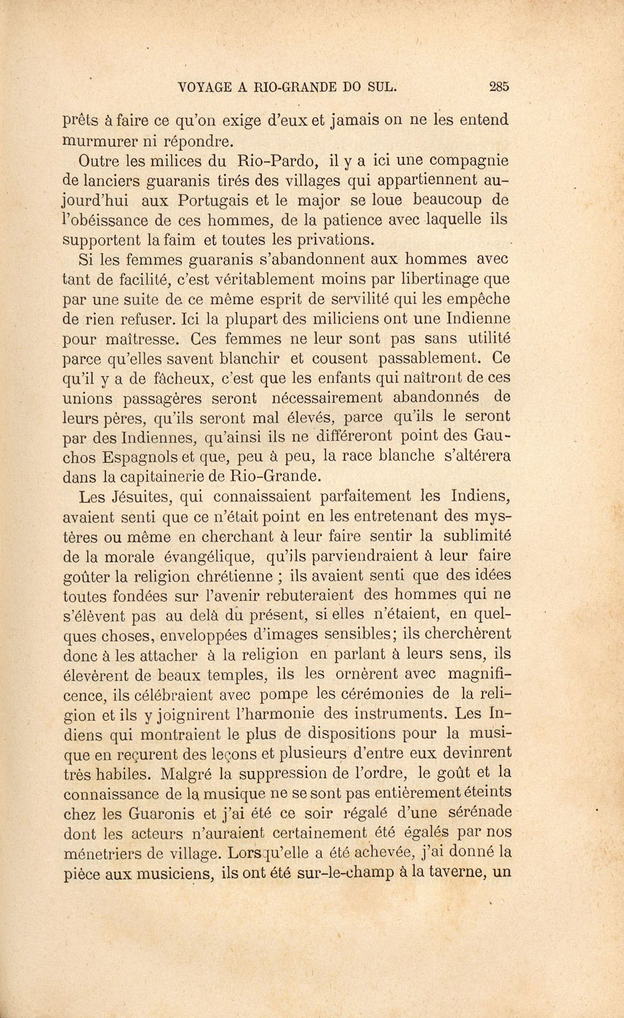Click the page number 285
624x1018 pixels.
coord(499,87)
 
